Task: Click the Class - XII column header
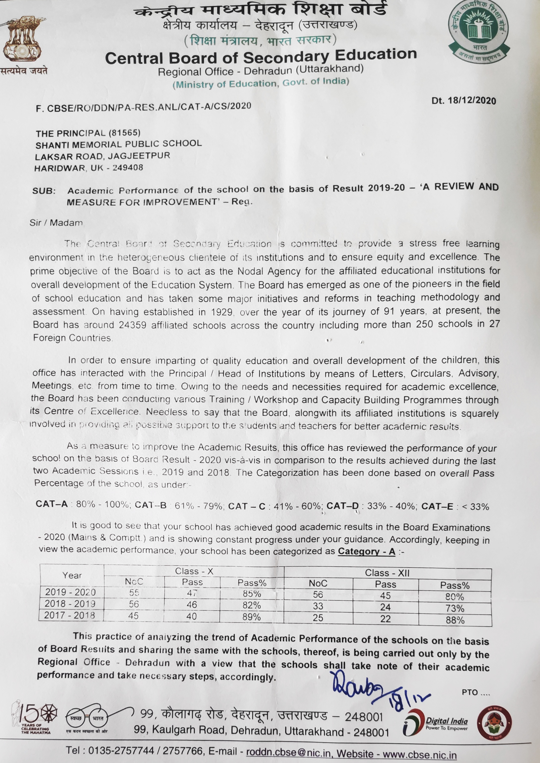[x=387, y=573]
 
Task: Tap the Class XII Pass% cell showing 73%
[x=454, y=608]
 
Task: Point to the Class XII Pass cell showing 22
[x=385, y=619]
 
